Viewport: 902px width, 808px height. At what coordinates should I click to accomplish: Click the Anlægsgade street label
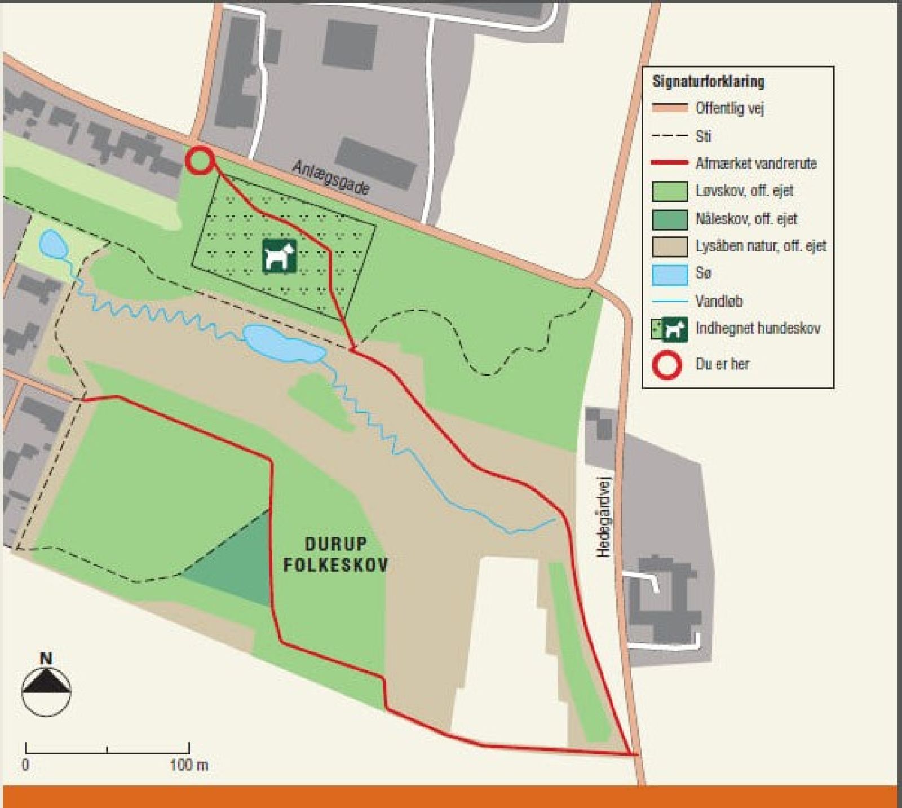point(331,177)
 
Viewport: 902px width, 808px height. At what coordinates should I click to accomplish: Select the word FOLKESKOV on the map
point(336,565)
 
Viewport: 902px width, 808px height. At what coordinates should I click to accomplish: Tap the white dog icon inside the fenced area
point(280,257)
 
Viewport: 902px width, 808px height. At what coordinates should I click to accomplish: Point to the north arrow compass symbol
point(46,686)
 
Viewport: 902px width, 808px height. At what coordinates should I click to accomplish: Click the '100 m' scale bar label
point(189,765)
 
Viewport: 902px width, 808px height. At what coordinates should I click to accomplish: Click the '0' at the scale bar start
point(25,765)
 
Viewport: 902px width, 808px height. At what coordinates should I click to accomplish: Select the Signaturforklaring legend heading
point(709,82)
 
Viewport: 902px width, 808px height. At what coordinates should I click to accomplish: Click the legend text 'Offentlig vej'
point(729,108)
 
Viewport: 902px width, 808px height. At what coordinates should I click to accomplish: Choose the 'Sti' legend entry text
point(704,136)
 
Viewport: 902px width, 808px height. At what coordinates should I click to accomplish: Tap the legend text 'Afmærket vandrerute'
point(755,164)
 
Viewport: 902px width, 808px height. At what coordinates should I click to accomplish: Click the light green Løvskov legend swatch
point(670,191)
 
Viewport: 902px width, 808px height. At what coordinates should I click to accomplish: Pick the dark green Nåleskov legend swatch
point(670,219)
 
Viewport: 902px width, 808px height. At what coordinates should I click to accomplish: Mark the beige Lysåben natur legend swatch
point(670,246)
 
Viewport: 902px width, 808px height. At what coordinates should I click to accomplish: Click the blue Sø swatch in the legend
point(670,274)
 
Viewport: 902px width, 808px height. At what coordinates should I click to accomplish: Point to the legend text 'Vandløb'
point(719,301)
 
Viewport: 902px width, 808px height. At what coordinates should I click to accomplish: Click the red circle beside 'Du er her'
point(667,364)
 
